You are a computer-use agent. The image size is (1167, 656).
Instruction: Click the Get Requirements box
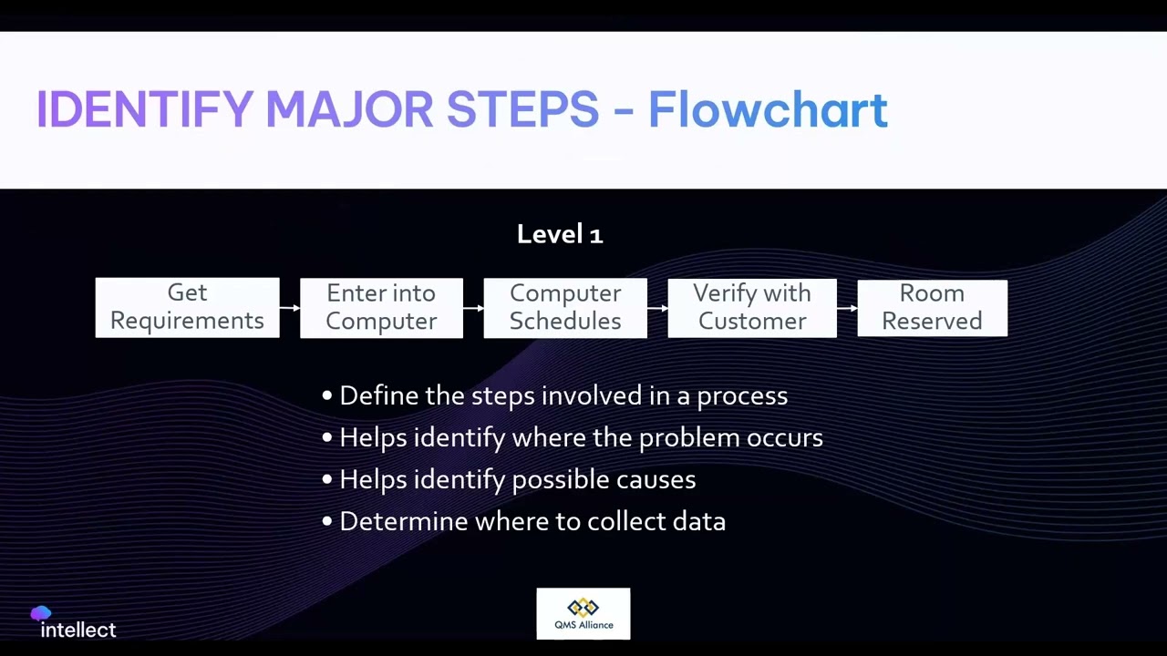tap(187, 307)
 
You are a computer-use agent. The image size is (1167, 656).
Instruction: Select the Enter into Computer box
tap(381, 308)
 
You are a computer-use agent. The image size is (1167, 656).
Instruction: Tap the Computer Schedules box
tap(565, 308)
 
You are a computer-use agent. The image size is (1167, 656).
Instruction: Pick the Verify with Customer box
tap(752, 308)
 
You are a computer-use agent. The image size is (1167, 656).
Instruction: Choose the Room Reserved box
tap(932, 308)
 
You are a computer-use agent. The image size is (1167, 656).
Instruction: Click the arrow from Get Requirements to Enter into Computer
tap(290, 308)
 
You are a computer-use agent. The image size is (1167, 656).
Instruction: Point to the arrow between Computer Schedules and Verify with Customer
tap(657, 308)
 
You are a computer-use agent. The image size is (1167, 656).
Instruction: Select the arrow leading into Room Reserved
tap(847, 308)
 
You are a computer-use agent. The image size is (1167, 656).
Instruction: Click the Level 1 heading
tap(560, 234)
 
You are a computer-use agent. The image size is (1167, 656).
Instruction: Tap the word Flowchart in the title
tap(768, 109)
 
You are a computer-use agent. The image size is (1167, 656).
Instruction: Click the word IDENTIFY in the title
tap(144, 109)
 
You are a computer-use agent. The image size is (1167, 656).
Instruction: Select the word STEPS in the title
tap(522, 109)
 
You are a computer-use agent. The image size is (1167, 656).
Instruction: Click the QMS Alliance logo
tap(583, 613)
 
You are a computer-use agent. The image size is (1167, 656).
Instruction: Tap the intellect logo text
tap(78, 630)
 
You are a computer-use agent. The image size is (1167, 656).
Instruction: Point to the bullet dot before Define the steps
tap(327, 396)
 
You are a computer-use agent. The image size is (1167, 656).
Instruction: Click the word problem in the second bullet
tap(689, 438)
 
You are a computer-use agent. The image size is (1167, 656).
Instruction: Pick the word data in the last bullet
tap(699, 522)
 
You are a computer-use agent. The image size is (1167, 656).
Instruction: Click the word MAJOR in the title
tap(349, 109)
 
